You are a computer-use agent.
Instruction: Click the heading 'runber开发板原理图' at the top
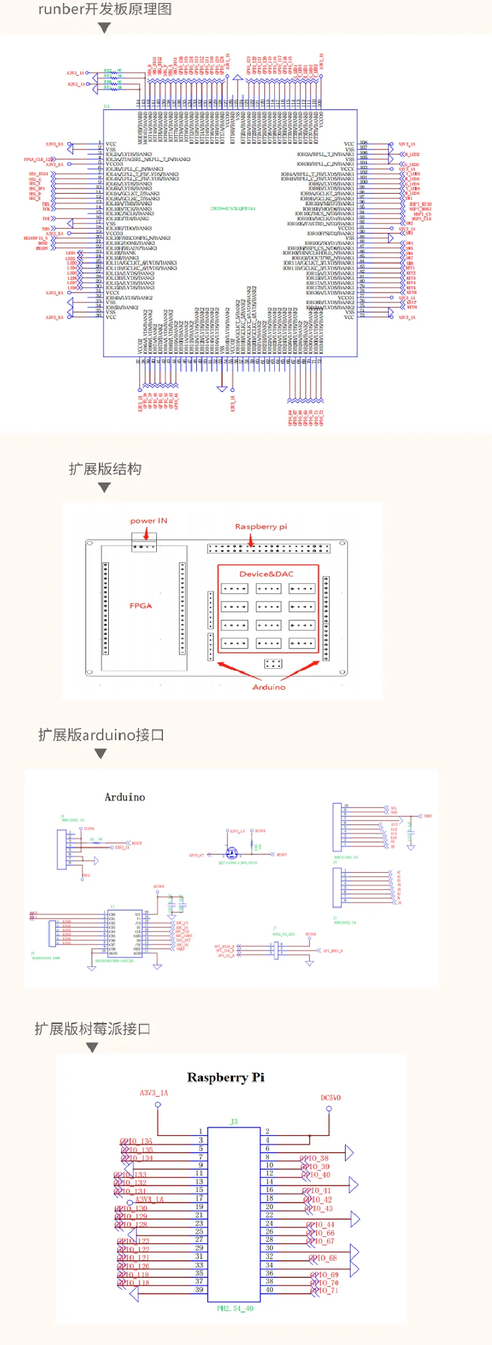click(x=105, y=9)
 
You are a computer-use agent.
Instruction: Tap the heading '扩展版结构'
click(x=105, y=469)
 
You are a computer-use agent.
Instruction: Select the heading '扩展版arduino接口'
click(x=101, y=735)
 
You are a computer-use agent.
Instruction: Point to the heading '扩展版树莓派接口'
click(x=92, y=1028)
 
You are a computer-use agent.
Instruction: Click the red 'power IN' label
click(x=148, y=521)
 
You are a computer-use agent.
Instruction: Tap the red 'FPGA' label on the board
click(x=140, y=605)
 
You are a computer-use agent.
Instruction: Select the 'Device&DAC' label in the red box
click(x=266, y=574)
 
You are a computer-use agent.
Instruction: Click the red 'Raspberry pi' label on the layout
click(x=261, y=527)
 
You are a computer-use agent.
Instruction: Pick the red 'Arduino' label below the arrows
click(x=269, y=687)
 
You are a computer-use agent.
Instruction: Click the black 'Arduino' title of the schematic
click(x=125, y=797)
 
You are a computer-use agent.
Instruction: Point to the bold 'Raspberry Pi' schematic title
click(x=226, y=1077)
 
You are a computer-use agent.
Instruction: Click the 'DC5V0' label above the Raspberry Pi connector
click(x=330, y=1098)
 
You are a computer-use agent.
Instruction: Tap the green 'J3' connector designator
click(x=234, y=1121)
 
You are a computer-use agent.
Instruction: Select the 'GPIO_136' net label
click(x=137, y=1142)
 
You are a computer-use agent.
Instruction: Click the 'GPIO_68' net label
click(x=323, y=1258)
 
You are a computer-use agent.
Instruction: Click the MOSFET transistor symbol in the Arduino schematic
click(x=232, y=853)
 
